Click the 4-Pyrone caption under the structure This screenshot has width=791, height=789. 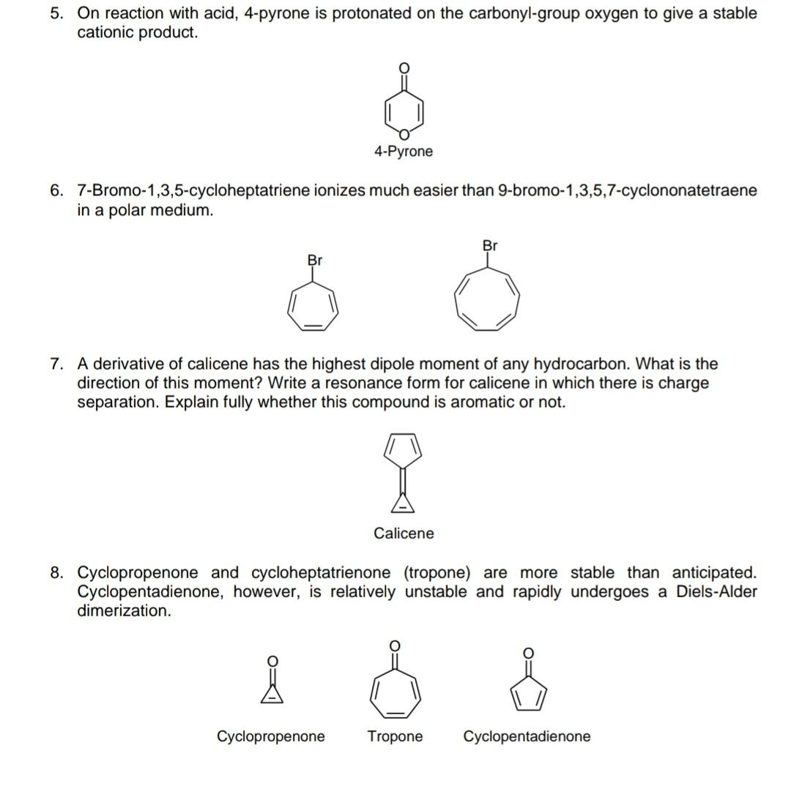pyautogui.click(x=403, y=152)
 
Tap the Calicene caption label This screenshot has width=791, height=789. pyautogui.click(x=404, y=534)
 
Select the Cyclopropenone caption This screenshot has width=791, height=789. pyautogui.click(x=271, y=736)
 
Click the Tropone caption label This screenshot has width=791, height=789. pyautogui.click(x=395, y=736)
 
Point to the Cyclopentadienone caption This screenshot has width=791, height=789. pyautogui.click(x=527, y=736)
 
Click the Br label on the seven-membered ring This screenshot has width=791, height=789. pyautogui.click(x=315, y=260)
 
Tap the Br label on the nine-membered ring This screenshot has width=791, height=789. pyautogui.click(x=490, y=245)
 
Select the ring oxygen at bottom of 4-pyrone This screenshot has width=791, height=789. pyautogui.click(x=403, y=133)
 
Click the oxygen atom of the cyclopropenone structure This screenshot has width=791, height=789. pyautogui.click(x=272, y=661)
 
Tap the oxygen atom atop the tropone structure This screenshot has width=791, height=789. pyautogui.click(x=394, y=645)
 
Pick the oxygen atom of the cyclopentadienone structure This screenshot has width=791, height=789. pyautogui.click(x=527, y=651)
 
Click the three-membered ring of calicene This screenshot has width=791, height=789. pyautogui.click(x=404, y=502)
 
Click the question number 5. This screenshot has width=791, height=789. pyautogui.click(x=56, y=13)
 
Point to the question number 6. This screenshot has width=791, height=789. pyautogui.click(x=56, y=191)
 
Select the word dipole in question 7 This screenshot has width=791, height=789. pyautogui.click(x=443, y=364)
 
